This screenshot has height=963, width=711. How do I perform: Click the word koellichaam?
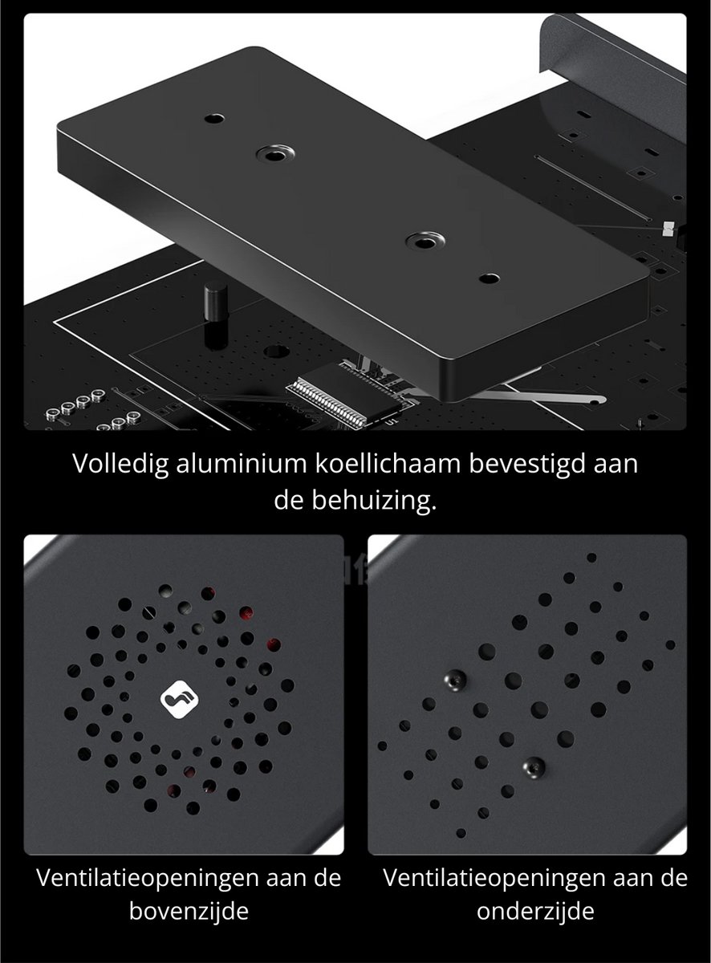point(388,463)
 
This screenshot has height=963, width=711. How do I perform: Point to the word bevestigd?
point(528,465)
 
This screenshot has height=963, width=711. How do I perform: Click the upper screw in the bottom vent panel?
point(455,681)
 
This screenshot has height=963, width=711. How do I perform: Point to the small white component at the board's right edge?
point(668,229)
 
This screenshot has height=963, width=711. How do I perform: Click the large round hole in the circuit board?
point(277,350)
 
